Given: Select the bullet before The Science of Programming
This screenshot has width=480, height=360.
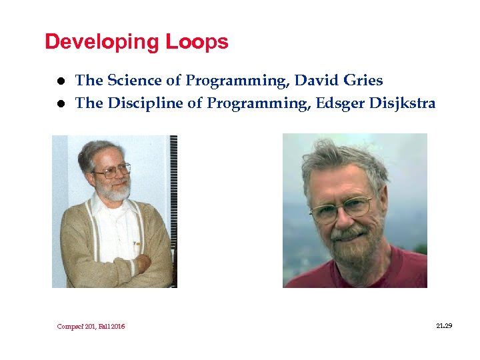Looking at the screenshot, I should [60, 81].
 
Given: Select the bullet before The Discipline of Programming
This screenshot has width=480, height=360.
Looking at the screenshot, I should [60, 103].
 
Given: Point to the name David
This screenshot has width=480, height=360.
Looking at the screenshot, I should [317, 81].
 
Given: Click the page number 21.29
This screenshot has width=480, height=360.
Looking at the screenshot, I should [443, 325].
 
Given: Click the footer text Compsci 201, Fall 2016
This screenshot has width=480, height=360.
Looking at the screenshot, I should [91, 326].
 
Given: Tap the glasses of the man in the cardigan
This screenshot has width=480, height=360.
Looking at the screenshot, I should [112, 171].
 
